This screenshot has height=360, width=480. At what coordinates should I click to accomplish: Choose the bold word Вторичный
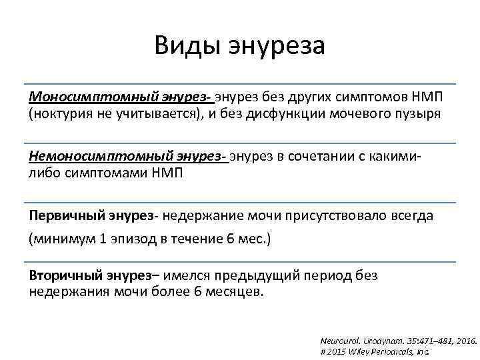64,275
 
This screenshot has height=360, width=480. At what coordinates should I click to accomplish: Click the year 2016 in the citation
465,339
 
